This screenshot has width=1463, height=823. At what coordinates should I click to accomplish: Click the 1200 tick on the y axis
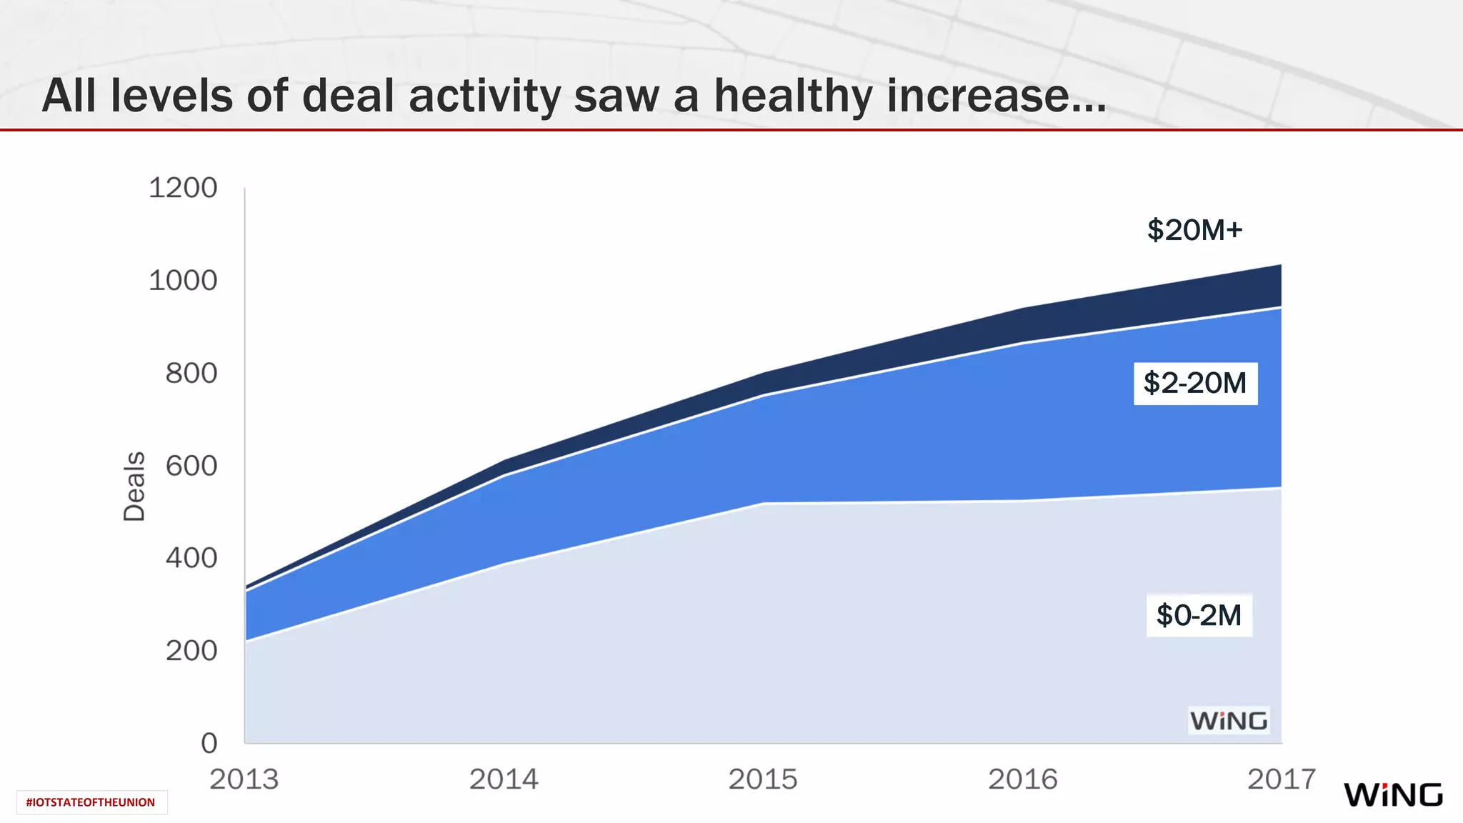183,189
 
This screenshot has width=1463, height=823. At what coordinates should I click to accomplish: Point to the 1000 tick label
183,281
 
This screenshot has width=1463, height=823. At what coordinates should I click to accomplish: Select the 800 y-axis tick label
191,374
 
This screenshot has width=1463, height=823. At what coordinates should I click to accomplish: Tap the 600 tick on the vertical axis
191,466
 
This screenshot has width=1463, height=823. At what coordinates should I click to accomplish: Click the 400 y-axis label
191,558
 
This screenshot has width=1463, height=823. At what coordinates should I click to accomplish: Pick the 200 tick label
191,651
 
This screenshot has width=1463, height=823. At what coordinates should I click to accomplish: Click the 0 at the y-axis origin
209,743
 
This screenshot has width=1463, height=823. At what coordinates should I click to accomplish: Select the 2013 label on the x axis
244,779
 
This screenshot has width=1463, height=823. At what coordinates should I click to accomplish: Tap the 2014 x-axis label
504,779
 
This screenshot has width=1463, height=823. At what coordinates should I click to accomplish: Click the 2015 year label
763,779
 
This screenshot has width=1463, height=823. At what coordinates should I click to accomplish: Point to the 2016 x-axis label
1022,779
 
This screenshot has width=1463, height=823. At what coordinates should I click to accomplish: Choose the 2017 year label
1282,779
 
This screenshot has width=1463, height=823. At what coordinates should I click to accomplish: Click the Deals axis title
134,486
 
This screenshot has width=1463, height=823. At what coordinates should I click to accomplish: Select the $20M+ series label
1195,230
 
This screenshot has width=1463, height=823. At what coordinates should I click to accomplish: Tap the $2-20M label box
1195,384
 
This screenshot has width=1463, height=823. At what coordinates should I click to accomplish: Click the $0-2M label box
1199,615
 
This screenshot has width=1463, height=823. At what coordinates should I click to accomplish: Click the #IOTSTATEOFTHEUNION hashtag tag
91,802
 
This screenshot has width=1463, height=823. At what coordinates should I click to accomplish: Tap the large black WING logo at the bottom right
1393,794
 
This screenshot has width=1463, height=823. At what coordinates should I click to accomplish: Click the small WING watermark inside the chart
1229,721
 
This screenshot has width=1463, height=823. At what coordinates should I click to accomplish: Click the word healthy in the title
793,96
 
